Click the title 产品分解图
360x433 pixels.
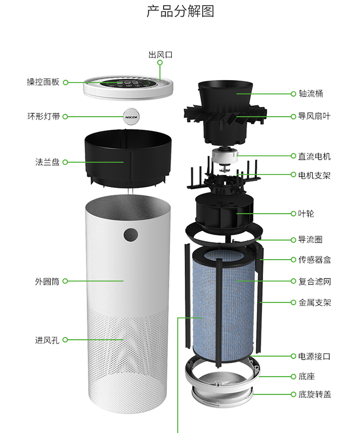(x=180, y=12)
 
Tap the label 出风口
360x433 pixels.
(x=160, y=55)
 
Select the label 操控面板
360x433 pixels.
(x=43, y=82)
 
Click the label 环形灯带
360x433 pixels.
(x=43, y=116)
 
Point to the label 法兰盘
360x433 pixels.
(x=47, y=162)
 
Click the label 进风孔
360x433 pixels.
(x=47, y=340)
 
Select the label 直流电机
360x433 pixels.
(x=314, y=156)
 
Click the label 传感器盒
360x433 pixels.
(x=314, y=260)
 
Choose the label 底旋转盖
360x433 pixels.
(x=314, y=394)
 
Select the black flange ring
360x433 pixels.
(x=129, y=158)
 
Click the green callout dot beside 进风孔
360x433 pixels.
(x=65, y=340)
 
